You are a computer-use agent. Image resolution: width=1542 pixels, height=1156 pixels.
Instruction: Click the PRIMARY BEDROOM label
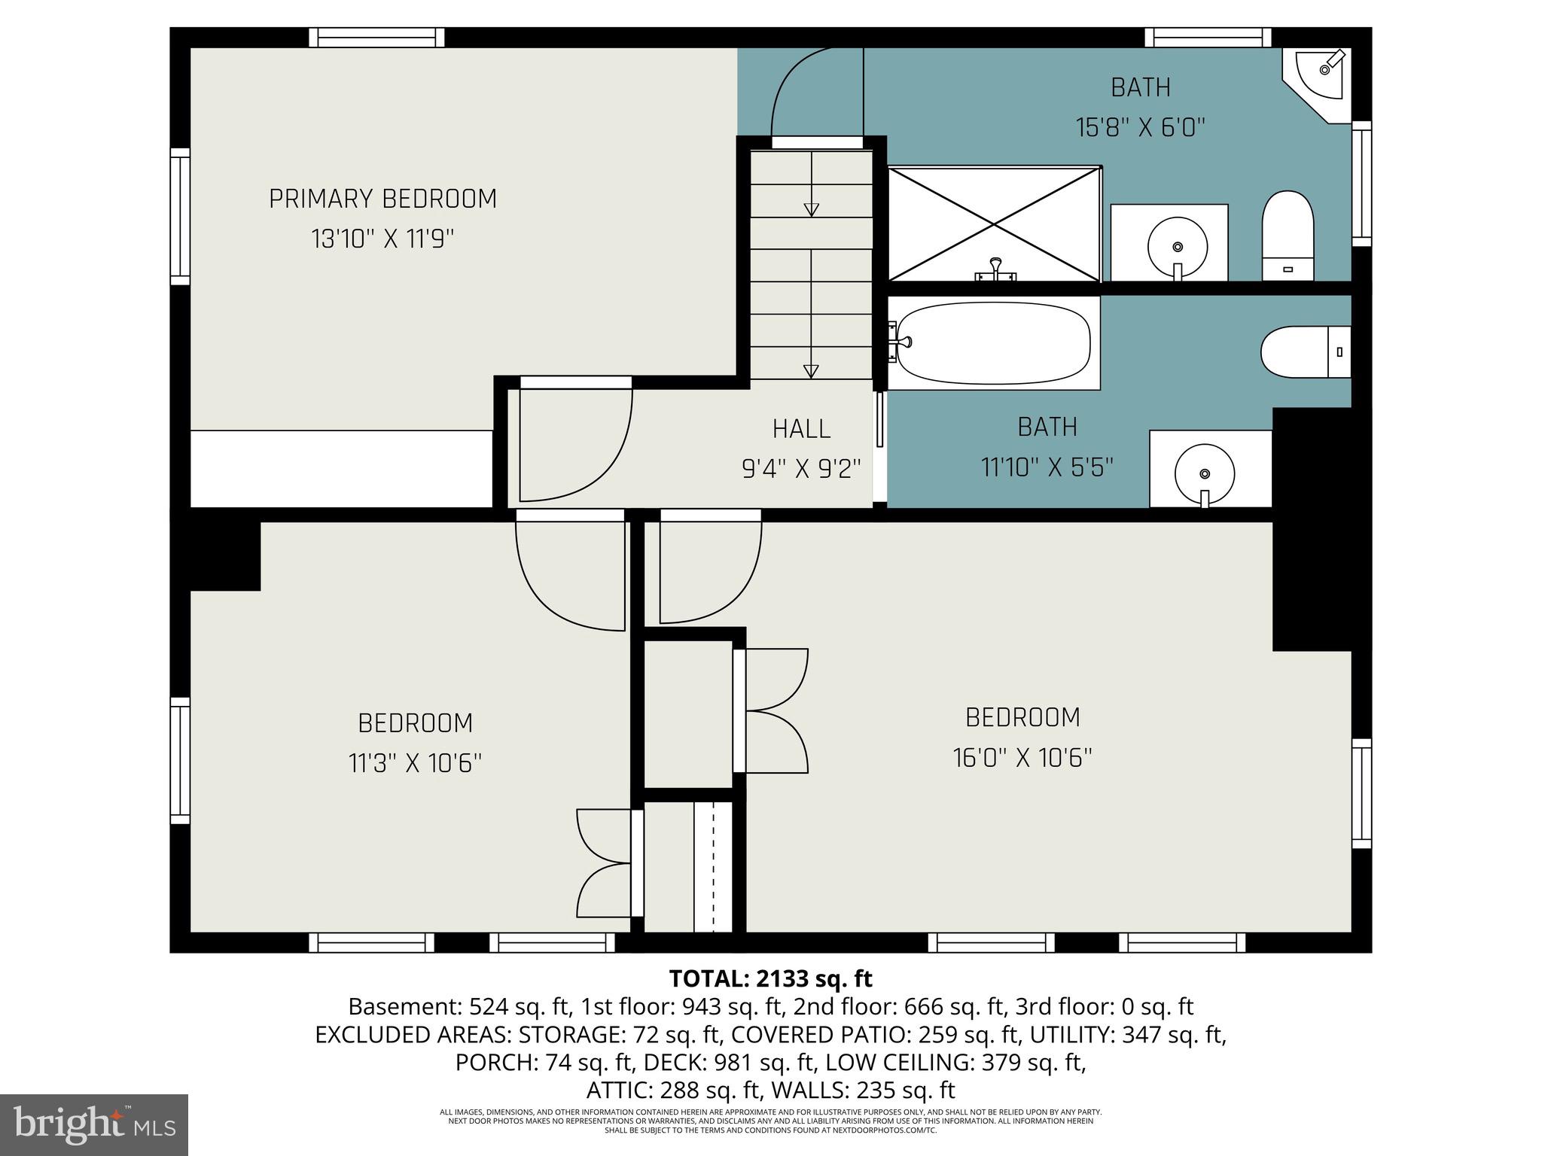(x=382, y=199)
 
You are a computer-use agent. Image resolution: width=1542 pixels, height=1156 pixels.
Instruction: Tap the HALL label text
(x=801, y=429)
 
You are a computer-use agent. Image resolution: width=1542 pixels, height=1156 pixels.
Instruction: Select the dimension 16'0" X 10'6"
(x=1022, y=757)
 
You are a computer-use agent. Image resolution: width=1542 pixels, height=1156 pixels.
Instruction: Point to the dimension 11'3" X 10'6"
(x=415, y=763)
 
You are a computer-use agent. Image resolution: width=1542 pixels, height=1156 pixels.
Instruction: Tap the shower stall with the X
(x=995, y=224)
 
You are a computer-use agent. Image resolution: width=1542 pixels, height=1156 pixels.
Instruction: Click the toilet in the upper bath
(x=1288, y=236)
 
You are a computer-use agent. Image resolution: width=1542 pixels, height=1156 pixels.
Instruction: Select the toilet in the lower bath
(x=1306, y=351)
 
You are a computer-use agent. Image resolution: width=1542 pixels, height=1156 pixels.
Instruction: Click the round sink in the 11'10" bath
(x=1205, y=474)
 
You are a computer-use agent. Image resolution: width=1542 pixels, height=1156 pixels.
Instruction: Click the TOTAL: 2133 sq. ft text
(x=770, y=978)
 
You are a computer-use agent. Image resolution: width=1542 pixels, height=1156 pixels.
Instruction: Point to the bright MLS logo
(x=95, y=1124)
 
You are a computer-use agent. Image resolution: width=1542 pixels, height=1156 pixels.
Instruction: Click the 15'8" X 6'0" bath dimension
(x=1141, y=127)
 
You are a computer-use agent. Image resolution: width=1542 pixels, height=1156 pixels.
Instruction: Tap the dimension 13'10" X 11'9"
(x=382, y=239)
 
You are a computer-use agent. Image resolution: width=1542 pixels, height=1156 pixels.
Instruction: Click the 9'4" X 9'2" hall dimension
(x=801, y=469)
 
